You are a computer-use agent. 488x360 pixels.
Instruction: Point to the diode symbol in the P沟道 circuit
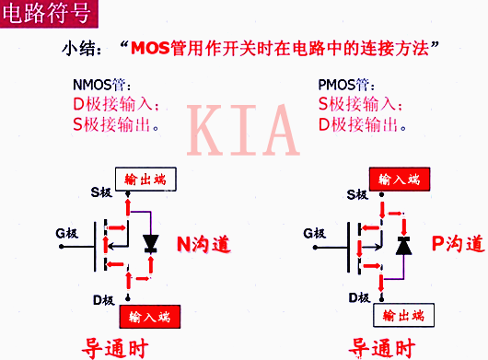coord(402,245)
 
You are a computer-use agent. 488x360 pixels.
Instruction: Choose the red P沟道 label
coord(457,244)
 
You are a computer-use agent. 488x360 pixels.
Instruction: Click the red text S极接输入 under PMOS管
coord(359,102)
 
